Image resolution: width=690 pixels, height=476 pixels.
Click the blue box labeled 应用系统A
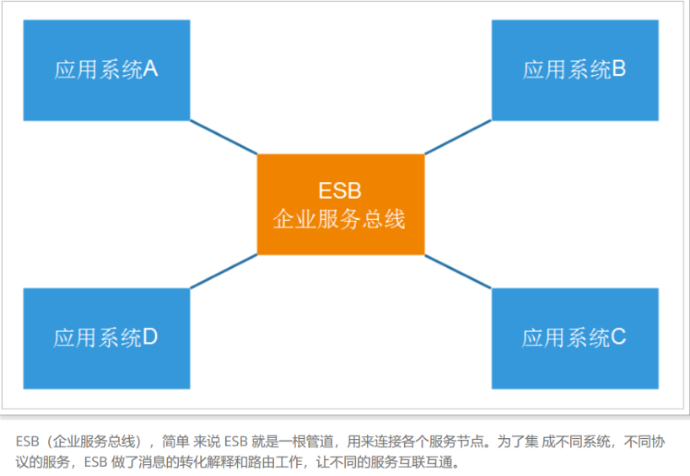pyautogui.click(x=106, y=70)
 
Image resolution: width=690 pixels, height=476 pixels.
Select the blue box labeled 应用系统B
pyautogui.click(x=574, y=70)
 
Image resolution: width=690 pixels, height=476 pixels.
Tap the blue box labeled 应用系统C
pyautogui.click(x=574, y=339)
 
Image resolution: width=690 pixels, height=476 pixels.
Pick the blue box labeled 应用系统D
pyautogui.click(x=106, y=339)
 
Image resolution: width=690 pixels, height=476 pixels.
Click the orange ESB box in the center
pyautogui.click(x=341, y=205)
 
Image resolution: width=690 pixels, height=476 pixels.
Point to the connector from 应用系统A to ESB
pyautogui.click(x=224, y=137)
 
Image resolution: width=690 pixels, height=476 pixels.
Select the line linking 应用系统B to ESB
pyautogui.click(x=458, y=137)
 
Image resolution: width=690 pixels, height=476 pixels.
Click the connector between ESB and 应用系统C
pyautogui.click(x=458, y=271)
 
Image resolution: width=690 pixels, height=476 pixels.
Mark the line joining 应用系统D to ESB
pyautogui.click(x=224, y=271)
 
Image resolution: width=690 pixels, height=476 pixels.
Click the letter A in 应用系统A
pyautogui.click(x=150, y=69)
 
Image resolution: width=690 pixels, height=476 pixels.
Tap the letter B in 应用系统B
pyautogui.click(x=618, y=69)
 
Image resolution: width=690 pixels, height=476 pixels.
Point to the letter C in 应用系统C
pyautogui.click(x=618, y=337)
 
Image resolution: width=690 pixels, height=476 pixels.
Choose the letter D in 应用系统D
pyautogui.click(x=150, y=337)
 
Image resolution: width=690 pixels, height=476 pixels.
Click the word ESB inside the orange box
pyautogui.click(x=340, y=190)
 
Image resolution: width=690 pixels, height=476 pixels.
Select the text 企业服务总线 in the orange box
pyautogui.click(x=339, y=219)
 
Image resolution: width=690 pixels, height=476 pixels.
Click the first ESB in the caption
pyautogui.click(x=27, y=441)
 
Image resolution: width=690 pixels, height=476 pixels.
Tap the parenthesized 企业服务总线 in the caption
pyautogui.click(x=94, y=441)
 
